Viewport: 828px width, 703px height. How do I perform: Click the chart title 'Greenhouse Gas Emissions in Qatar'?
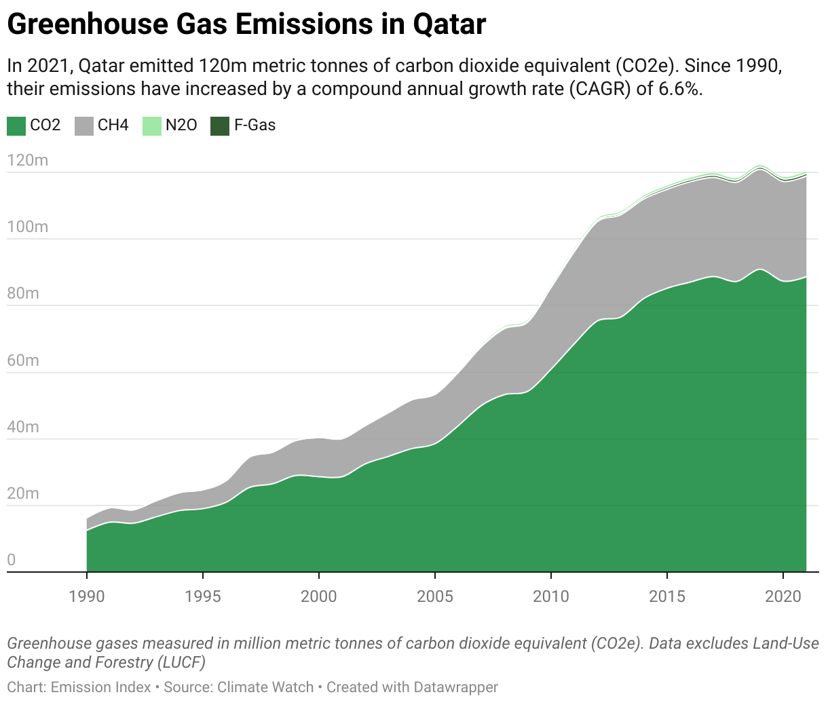[x=246, y=25]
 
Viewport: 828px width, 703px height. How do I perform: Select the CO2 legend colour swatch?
[x=16, y=126]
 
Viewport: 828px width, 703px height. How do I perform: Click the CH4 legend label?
[x=113, y=126]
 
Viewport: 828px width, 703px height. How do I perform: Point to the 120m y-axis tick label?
[x=28, y=160]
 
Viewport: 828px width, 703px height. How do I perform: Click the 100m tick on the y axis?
[x=28, y=227]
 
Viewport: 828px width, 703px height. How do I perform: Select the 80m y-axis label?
[x=24, y=293]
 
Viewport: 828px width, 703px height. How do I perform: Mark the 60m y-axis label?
[x=24, y=360]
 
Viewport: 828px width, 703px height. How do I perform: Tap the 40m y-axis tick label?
[x=24, y=427]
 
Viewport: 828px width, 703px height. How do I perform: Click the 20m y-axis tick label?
[x=24, y=493]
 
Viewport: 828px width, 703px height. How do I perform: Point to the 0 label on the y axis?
[x=12, y=560]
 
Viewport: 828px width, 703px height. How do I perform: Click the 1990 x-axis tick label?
[x=87, y=596]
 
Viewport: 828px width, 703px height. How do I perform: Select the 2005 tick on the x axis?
[x=435, y=596]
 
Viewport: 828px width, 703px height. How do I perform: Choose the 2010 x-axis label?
[x=551, y=596]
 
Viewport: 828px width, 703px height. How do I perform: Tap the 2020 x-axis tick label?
[x=783, y=596]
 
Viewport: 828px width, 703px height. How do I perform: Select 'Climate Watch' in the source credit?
[x=265, y=687]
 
